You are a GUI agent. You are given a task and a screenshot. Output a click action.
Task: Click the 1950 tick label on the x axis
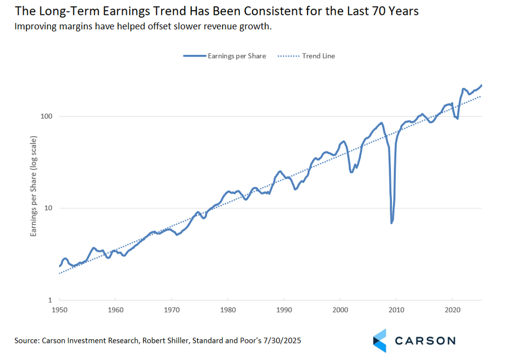click(59, 309)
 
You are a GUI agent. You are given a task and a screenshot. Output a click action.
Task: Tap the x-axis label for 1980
click(228, 309)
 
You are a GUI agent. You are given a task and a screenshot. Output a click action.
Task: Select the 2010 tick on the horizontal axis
click(396, 309)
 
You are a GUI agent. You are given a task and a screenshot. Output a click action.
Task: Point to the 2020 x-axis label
click(452, 309)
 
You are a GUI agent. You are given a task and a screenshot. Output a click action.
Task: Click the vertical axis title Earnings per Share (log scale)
click(34, 186)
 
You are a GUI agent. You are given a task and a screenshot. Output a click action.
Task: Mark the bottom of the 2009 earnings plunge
click(392, 222)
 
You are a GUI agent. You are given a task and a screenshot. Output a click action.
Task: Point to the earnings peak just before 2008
click(381, 123)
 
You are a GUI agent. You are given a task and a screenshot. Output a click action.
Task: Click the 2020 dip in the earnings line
click(457, 118)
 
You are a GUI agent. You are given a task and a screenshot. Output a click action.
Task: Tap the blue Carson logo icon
click(380, 340)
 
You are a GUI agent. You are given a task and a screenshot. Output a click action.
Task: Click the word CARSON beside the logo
click(424, 340)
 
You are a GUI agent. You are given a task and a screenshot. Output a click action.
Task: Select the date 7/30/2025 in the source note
click(282, 340)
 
